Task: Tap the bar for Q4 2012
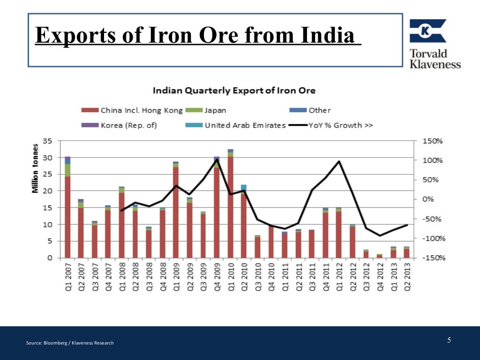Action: pyautogui.click(x=379, y=256)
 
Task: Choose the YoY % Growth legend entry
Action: pyautogui.click(x=331, y=125)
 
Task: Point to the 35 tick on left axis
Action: pyautogui.click(x=47, y=141)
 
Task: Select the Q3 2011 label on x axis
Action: pyautogui.click(x=312, y=277)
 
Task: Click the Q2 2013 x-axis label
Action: pyautogui.click(x=407, y=277)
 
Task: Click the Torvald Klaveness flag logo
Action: pyautogui.click(x=427, y=31)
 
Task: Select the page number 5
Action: pyautogui.click(x=449, y=340)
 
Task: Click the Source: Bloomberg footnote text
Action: pyautogui.click(x=70, y=343)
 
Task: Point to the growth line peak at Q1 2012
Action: pyautogui.click(x=339, y=162)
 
